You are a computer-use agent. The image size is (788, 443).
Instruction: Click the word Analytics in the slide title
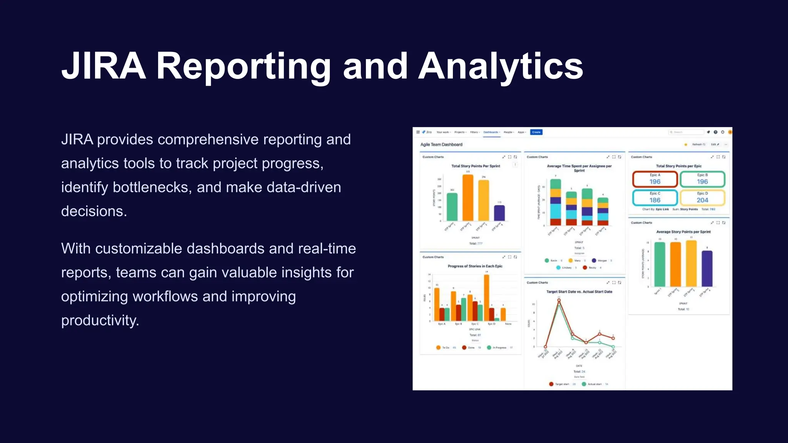click(x=500, y=66)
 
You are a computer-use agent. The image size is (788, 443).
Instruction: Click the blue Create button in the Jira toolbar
click(x=536, y=132)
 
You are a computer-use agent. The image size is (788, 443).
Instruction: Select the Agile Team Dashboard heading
click(x=441, y=145)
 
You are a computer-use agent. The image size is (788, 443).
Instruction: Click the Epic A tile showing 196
click(x=655, y=179)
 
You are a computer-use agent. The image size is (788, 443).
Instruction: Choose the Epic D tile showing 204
click(x=702, y=198)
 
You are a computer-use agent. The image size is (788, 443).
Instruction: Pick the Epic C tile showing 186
click(x=655, y=198)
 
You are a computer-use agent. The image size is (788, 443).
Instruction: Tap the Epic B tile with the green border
click(x=702, y=179)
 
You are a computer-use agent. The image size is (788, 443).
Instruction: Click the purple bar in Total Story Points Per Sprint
click(x=499, y=213)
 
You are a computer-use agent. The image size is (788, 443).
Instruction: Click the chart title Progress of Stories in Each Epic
click(x=475, y=266)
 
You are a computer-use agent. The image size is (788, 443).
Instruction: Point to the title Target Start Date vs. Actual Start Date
click(x=579, y=292)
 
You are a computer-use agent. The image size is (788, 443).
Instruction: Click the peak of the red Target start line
click(x=559, y=301)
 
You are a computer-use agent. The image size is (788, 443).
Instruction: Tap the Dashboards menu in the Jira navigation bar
click(x=491, y=132)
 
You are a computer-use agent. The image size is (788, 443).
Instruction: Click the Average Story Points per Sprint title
click(x=683, y=232)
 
